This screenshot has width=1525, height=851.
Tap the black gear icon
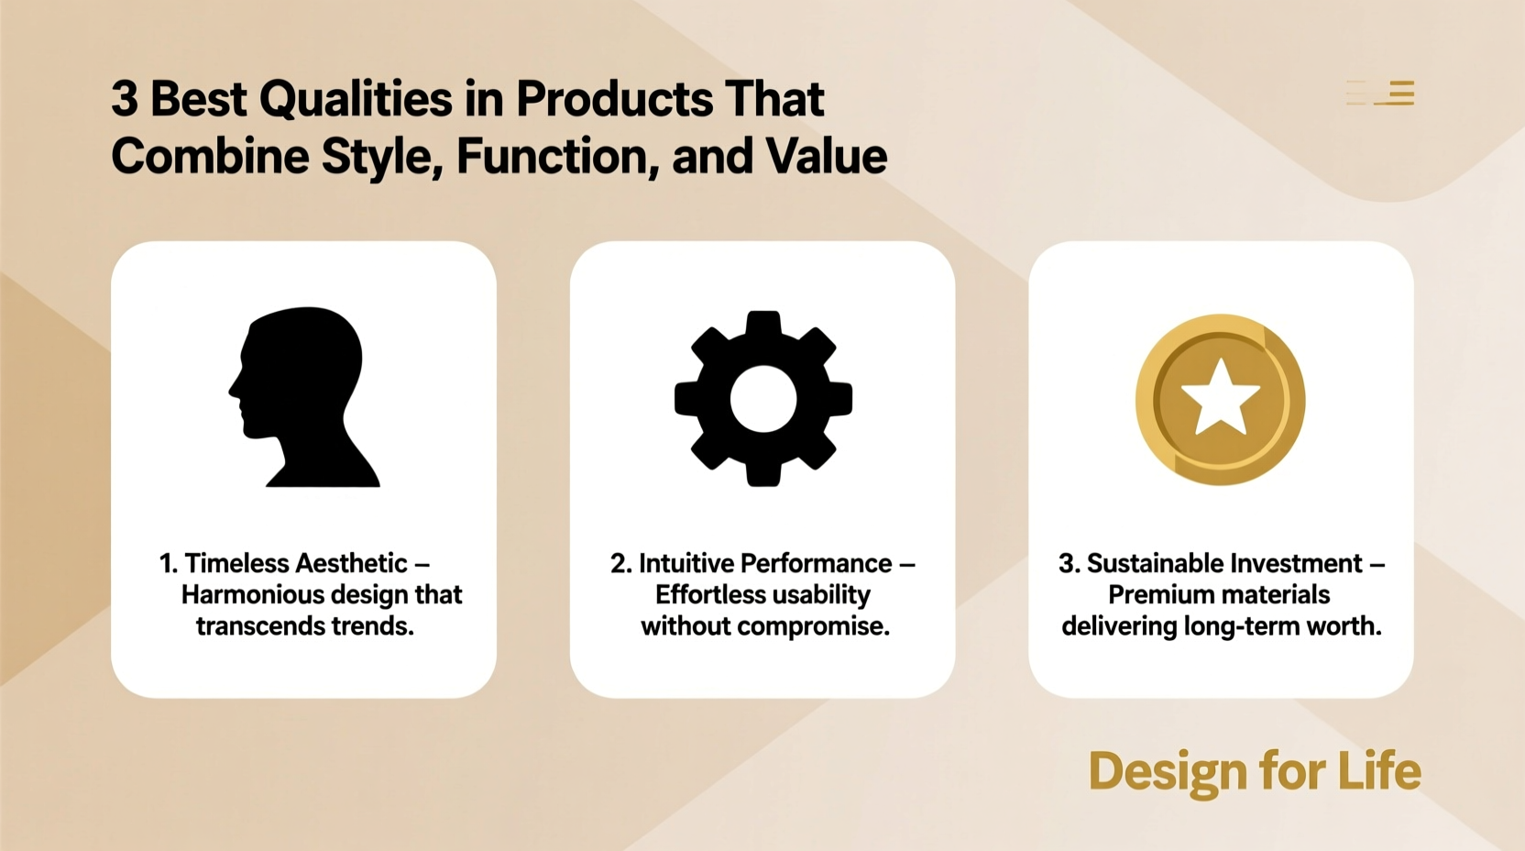[762, 399]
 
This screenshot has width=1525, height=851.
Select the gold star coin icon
[1220, 400]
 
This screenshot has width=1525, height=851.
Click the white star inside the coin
[1220, 397]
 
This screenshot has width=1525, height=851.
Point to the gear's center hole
[762, 399]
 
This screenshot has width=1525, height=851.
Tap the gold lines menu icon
[1381, 93]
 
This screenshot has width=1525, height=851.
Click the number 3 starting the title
[124, 98]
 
